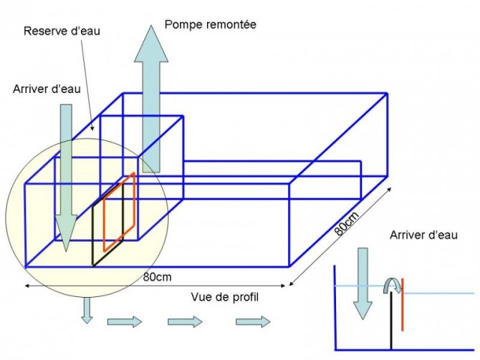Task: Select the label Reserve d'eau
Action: (62, 31)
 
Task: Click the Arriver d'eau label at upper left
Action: (47, 89)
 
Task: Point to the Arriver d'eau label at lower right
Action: (423, 235)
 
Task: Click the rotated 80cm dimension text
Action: (347, 223)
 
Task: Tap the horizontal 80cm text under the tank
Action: (158, 277)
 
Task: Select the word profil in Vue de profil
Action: (244, 297)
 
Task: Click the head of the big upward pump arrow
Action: (151, 44)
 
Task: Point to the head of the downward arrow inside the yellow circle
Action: (66, 233)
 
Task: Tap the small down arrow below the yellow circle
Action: (87, 311)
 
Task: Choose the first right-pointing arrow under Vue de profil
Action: (125, 322)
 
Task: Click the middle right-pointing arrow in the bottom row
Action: (186, 322)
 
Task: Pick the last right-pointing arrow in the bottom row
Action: (253, 322)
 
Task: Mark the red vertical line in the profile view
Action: (402, 305)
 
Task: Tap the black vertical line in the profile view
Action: (391, 321)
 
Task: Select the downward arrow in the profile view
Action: (363, 284)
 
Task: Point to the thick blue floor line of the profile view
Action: (404, 350)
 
